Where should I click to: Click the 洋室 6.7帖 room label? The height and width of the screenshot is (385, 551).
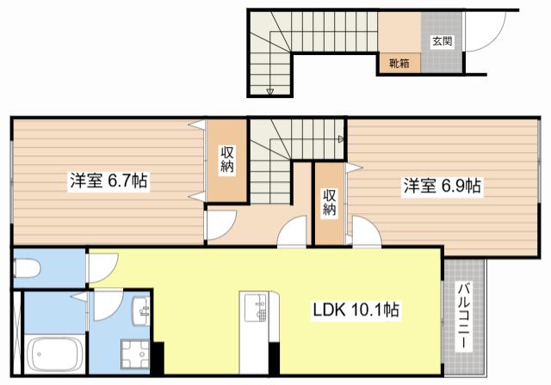point(108,181)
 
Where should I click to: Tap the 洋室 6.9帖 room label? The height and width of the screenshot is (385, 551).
point(442,186)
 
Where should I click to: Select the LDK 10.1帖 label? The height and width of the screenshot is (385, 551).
point(356,309)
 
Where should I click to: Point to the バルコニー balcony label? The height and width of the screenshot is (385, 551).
point(464,316)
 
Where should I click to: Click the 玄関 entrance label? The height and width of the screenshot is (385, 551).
point(442,41)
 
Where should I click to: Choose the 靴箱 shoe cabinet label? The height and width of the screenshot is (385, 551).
point(399,64)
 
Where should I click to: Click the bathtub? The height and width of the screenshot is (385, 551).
point(54,353)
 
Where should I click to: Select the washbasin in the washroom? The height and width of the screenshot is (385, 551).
point(141,311)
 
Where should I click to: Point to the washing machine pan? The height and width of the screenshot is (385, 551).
point(135,354)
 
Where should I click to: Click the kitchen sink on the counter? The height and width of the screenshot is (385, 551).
point(257,308)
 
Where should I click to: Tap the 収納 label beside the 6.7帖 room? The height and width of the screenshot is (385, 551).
point(227,160)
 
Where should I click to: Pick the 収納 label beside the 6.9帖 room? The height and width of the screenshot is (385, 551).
point(329,202)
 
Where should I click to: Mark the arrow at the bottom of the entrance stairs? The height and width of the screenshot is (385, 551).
point(269,92)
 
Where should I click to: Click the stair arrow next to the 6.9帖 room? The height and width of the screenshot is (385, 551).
point(341,139)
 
